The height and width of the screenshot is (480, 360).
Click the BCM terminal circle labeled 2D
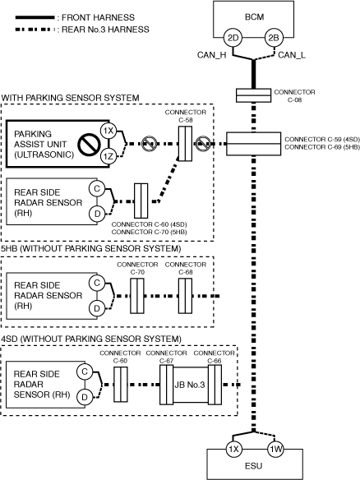[233, 38]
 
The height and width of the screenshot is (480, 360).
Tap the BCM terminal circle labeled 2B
[274, 38]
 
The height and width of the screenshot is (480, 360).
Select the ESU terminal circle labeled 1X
[233, 449]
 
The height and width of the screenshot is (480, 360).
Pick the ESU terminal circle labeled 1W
[275, 449]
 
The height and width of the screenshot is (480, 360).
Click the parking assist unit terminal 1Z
[108, 156]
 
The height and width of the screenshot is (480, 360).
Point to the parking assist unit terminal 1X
[108, 131]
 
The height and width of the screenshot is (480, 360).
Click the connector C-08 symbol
[253, 95]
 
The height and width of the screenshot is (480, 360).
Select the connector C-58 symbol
[185, 144]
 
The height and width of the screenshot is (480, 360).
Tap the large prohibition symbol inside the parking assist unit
[89, 145]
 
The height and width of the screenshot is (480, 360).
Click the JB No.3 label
[190, 385]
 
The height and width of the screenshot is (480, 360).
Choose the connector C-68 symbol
[185, 296]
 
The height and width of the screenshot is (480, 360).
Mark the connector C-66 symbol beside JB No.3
[215, 385]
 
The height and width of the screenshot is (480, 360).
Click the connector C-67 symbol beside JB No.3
[167, 385]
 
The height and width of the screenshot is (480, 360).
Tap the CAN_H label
[211, 55]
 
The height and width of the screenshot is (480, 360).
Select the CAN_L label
[292, 55]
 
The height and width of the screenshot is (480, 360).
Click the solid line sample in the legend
[35, 17]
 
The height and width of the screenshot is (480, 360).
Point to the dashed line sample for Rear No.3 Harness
[35, 30]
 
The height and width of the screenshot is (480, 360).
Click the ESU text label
[253, 466]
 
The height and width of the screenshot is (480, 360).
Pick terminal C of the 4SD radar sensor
[85, 372]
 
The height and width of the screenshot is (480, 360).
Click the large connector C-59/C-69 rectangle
[253, 144]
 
